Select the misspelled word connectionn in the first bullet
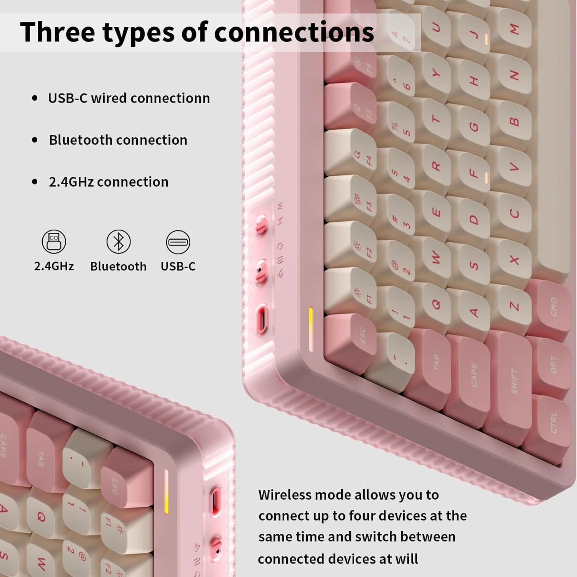173,98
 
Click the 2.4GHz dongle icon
54,242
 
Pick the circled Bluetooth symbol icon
118,242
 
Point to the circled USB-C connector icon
178,242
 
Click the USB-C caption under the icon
178,266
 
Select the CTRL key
548,423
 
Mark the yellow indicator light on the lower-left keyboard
166,491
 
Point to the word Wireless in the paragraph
284,495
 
